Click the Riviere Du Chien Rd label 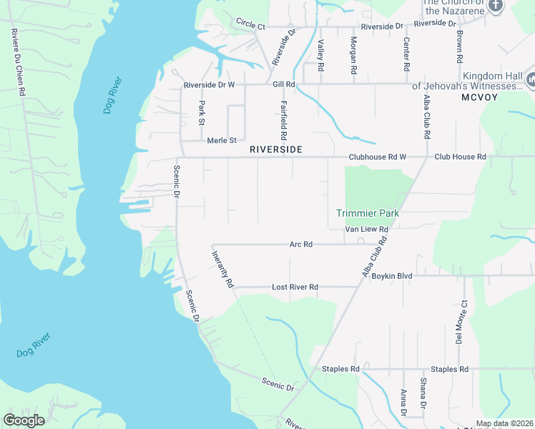[17, 63]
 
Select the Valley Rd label [321, 55]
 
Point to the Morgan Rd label [353, 56]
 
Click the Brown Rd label [460, 44]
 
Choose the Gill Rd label [284, 84]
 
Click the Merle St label [222, 141]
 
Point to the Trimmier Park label [368, 213]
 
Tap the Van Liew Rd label [366, 230]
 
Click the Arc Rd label [301, 244]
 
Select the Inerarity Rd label [222, 269]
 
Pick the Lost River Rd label [295, 287]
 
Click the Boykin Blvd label [392, 275]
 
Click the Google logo [24, 420]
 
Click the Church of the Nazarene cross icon [496, 6]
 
